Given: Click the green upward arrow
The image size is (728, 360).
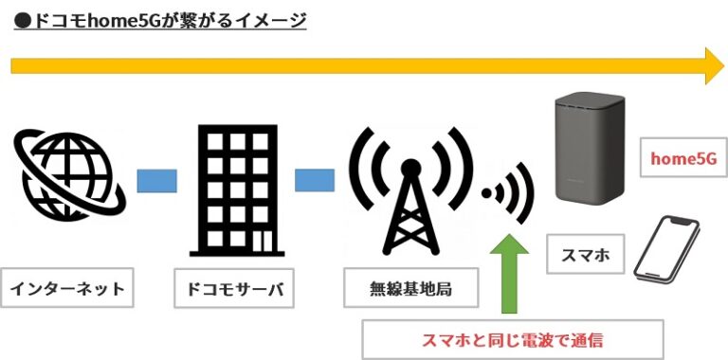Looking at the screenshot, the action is coord(509,274).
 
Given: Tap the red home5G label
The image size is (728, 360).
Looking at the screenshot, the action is coord(678,157).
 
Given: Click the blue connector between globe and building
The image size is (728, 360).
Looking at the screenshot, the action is coord(156,180).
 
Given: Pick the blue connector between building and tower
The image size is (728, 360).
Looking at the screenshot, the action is coord(315,180).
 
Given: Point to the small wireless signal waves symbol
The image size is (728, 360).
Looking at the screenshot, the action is coord(502,195).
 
